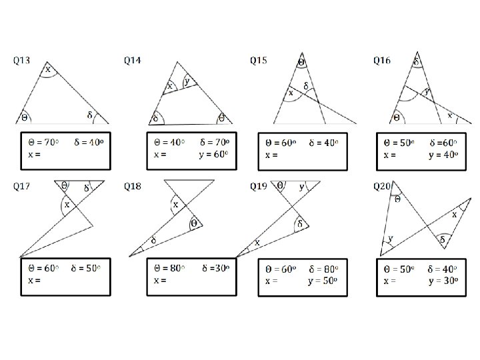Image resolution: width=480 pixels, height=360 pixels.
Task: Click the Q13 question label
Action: pyautogui.click(x=22, y=61)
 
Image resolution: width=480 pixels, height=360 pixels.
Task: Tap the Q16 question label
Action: pyautogui.click(x=381, y=61)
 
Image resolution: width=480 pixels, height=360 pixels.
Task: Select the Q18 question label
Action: pyautogui.click(x=132, y=186)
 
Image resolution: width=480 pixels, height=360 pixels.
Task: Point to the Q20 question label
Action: pyautogui.click(x=381, y=186)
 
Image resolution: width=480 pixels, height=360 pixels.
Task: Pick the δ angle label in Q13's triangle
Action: pyautogui.click(x=90, y=115)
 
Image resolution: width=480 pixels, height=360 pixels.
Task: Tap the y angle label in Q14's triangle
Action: pyautogui.click(x=186, y=81)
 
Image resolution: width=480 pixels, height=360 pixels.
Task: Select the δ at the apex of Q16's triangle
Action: pyautogui.click(x=416, y=61)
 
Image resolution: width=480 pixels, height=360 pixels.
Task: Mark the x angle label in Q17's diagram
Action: pyautogui.click(x=66, y=205)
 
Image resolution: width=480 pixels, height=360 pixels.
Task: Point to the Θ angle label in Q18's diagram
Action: pyautogui.click(x=194, y=223)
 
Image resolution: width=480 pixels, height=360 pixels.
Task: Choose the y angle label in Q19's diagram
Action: pyautogui.click(x=302, y=187)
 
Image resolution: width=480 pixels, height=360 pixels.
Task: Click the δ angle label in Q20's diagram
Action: pyautogui.click(x=441, y=238)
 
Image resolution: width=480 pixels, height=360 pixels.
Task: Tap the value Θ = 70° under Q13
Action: pyautogui.click(x=44, y=142)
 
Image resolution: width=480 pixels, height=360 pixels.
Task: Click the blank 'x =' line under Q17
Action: pyautogui.click(x=35, y=280)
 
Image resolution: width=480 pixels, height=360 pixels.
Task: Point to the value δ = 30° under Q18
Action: pyautogui.click(x=213, y=268)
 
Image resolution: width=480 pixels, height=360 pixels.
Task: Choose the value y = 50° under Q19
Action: pyautogui.click(x=325, y=280)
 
